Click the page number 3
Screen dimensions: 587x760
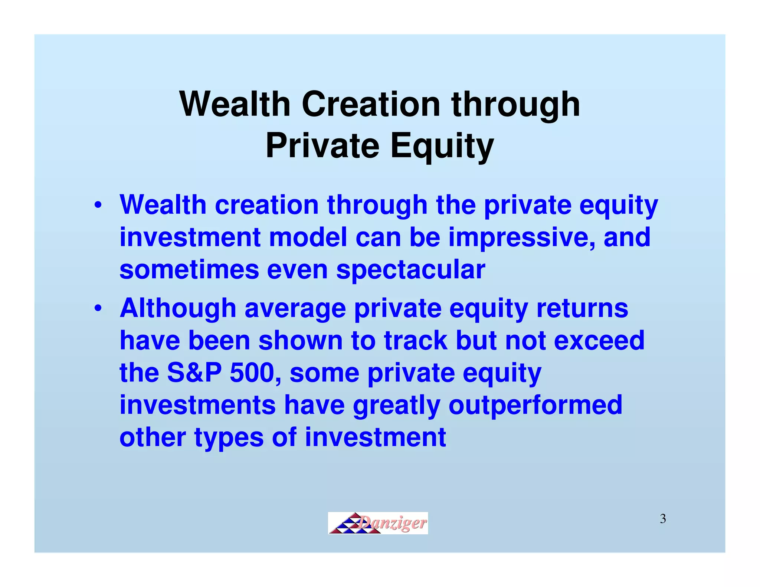click(x=663, y=519)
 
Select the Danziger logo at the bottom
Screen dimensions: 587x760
click(x=378, y=523)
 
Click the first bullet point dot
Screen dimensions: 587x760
click(x=98, y=205)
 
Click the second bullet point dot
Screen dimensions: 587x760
click(x=98, y=308)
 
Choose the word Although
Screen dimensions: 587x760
click(x=178, y=308)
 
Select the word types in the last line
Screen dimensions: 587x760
click(x=229, y=437)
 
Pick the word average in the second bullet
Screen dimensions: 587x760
click(x=295, y=308)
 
